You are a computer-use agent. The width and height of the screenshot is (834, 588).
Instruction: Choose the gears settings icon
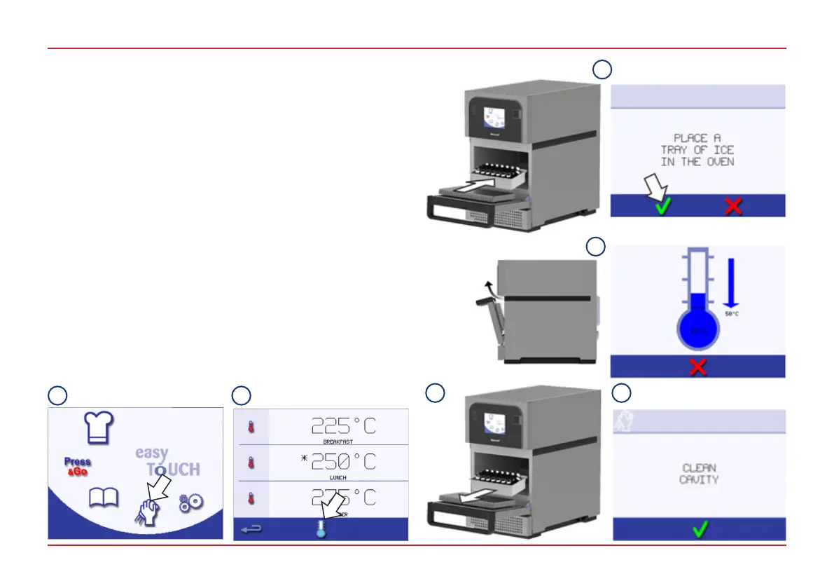tap(190, 502)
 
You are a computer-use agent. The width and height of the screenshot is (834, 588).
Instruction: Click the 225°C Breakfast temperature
tap(343, 425)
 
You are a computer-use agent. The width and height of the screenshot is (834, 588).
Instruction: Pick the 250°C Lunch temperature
tap(343, 461)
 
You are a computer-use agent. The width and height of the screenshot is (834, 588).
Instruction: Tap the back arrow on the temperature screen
tap(251, 530)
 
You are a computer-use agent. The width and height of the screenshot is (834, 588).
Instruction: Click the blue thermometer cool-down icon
tap(321, 528)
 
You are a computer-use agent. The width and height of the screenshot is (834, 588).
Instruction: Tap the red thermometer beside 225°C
tap(251, 427)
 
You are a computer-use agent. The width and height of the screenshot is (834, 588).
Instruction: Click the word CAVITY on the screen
tap(699, 480)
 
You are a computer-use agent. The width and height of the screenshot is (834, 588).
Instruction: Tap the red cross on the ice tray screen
tap(733, 207)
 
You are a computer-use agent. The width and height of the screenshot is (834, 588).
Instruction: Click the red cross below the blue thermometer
tap(697, 367)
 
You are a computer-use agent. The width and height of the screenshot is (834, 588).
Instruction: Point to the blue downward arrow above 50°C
tap(730, 282)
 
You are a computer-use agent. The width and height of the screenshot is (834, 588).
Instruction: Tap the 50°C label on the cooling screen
tap(732, 314)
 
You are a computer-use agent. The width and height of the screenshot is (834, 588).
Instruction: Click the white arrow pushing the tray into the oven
tap(482, 187)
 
